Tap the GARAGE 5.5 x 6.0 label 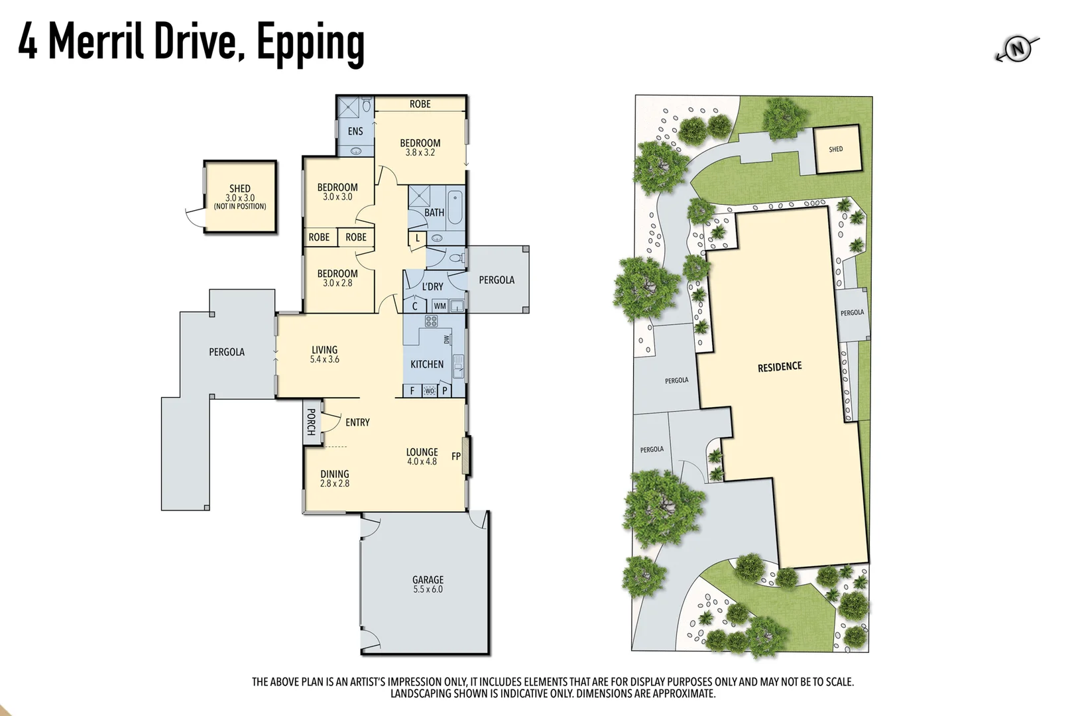pyautogui.click(x=428, y=584)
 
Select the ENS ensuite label pyautogui.click(x=355, y=131)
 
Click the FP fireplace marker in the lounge pyautogui.click(x=456, y=456)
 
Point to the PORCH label pyautogui.click(x=311, y=422)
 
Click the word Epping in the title pyautogui.click(x=310, y=42)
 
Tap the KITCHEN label pyautogui.click(x=427, y=364)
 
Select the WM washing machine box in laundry pyautogui.click(x=440, y=306)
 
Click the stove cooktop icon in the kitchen pyautogui.click(x=431, y=322)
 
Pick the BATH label pyautogui.click(x=434, y=213)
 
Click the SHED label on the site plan pyautogui.click(x=835, y=149)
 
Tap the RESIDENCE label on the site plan pyautogui.click(x=780, y=367)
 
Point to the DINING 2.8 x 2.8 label pyautogui.click(x=335, y=479)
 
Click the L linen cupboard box pyautogui.click(x=418, y=238)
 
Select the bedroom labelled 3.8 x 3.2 pyautogui.click(x=420, y=147)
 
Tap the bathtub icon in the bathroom pyautogui.click(x=455, y=207)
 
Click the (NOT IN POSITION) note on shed pyautogui.click(x=240, y=206)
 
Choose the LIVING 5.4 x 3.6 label pyautogui.click(x=324, y=354)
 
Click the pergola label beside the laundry pyautogui.click(x=497, y=280)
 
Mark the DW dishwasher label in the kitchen pyautogui.click(x=447, y=339)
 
